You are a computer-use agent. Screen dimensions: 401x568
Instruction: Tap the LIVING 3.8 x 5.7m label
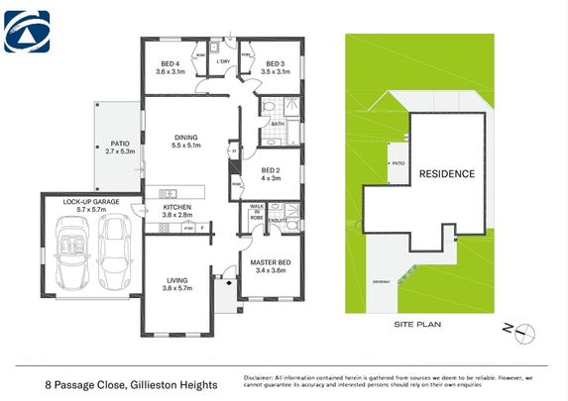coord(176,283)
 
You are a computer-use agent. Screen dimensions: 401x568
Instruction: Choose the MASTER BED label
coord(271,265)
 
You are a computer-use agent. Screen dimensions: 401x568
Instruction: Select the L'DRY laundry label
coord(224,62)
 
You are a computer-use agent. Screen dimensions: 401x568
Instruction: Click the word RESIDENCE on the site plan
coord(447,173)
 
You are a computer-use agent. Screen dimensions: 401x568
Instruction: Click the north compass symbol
coord(528,331)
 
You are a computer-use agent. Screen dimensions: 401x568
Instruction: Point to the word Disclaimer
coord(262,377)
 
